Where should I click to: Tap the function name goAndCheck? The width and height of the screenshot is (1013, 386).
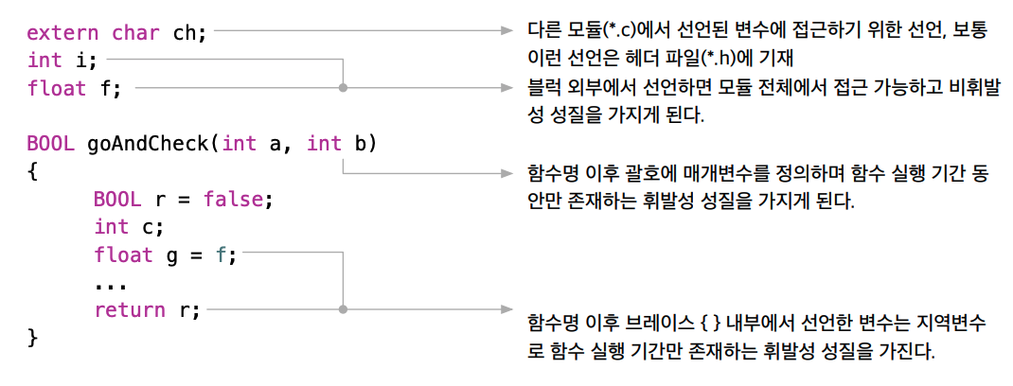click(147, 144)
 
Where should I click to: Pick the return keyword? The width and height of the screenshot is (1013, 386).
click(128, 309)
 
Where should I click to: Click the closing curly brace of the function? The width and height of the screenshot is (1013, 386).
click(32, 337)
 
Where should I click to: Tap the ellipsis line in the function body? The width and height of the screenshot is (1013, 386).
click(111, 282)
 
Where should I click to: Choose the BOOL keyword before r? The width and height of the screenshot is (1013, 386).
click(116, 200)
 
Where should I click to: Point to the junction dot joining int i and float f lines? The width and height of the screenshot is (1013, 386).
click(343, 88)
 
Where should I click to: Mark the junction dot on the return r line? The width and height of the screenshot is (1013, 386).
click(343, 309)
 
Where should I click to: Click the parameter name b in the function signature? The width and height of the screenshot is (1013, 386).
click(360, 144)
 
